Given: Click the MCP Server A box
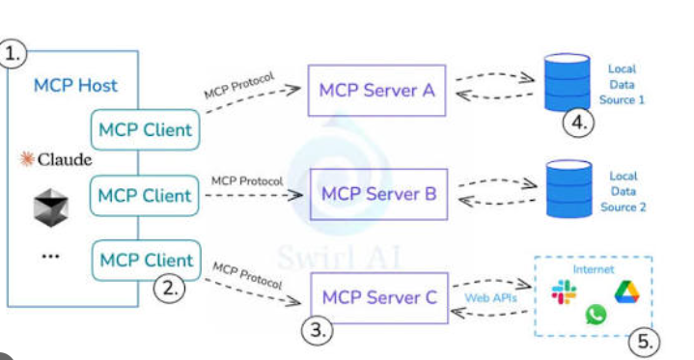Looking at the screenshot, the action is tap(376, 91).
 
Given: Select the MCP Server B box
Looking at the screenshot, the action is tap(379, 194).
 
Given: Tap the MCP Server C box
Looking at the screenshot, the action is tap(379, 297).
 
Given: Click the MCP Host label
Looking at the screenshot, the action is tap(75, 86).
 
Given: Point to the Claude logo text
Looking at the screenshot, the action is tap(65, 159).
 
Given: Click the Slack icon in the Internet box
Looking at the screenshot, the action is tap(564, 292).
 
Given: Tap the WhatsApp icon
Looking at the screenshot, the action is tap(596, 315).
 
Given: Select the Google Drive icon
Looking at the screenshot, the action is tap(626, 292).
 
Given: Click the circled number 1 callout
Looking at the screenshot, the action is tap(12, 54).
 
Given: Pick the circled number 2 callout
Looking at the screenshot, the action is tap(169, 289).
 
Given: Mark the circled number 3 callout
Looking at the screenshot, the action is tap(318, 330).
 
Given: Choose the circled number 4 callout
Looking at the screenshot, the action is tap(578, 123).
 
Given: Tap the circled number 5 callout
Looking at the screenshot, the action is tap(644, 342).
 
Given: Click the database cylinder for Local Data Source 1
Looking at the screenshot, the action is tap(567, 82).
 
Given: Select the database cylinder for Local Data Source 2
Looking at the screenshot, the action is tap(569, 189).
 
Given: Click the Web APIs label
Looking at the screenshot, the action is tap(490, 298).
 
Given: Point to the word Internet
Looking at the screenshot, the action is tap(593, 269).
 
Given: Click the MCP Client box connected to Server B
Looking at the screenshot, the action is tap(144, 195).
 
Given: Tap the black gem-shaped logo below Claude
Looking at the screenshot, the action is tap(51, 208).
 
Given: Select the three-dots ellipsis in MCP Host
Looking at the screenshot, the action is tap(50, 256).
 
